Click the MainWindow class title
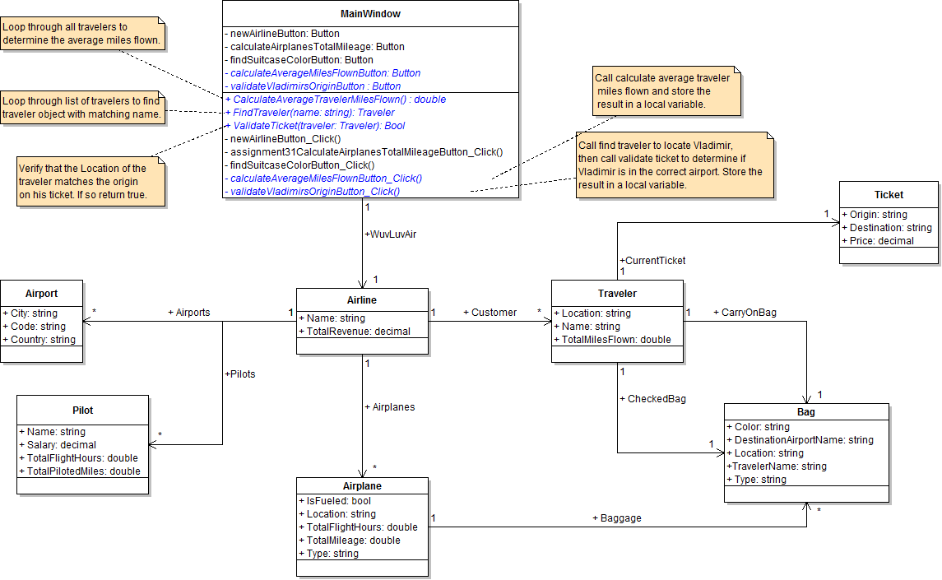tap(370, 14)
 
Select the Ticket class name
tap(889, 195)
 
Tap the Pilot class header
tap(83, 410)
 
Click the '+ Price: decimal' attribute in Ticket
tap(878, 241)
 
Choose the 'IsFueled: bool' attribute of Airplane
tap(338, 501)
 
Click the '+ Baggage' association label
tap(616, 518)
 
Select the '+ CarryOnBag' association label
tap(745, 313)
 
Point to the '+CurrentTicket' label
tap(652, 261)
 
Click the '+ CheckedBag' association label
tap(652, 399)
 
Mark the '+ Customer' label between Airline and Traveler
tap(490, 313)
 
